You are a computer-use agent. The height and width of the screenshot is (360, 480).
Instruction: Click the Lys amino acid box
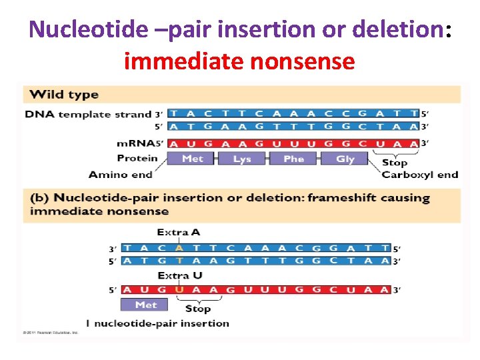243,159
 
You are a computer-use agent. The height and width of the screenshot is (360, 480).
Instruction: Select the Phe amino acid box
294,159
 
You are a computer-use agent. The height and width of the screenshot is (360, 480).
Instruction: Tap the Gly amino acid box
345,159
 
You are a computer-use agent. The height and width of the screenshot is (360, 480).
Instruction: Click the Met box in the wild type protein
192,159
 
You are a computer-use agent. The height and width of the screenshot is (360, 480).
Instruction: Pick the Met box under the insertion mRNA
145,305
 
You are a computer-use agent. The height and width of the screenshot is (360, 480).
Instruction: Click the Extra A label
178,233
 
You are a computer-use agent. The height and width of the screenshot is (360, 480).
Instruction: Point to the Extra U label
179,275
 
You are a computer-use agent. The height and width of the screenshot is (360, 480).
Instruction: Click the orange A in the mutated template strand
179,248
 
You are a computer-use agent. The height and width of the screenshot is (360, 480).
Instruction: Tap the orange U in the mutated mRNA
179,290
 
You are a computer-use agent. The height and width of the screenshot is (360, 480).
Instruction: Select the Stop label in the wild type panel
394,162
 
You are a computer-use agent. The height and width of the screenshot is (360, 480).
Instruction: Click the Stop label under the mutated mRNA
197,308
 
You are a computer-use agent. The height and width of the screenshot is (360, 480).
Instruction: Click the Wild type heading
64,95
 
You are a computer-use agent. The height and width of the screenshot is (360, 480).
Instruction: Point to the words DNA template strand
88,114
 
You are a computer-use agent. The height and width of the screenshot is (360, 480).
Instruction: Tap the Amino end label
121,175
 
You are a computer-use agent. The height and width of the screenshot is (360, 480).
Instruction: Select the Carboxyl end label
420,175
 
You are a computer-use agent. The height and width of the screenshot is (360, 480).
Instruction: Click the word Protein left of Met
137,158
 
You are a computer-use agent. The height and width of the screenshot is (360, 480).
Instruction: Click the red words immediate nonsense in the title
239,61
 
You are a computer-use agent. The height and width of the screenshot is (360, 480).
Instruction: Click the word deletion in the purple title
392,29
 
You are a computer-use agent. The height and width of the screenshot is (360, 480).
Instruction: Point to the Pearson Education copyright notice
51,332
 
